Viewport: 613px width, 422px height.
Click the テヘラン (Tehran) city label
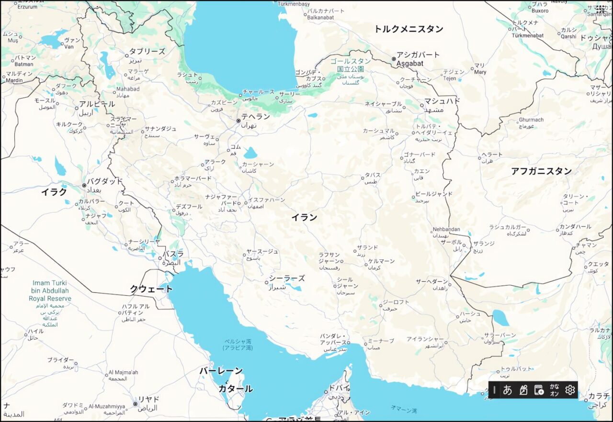(255, 116)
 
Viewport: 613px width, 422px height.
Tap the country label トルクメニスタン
(409, 29)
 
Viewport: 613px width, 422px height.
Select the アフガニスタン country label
(541, 171)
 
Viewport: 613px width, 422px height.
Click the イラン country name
(305, 217)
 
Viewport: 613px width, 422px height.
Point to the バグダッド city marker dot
(84, 185)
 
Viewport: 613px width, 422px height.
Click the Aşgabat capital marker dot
(394, 59)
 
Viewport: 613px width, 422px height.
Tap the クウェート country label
(151, 289)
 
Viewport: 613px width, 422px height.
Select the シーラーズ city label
(286, 278)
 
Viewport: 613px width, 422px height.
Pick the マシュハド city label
(442, 101)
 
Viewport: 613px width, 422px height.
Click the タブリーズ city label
(147, 52)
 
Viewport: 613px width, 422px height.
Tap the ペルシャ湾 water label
(238, 342)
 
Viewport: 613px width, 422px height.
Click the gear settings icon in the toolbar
(569, 390)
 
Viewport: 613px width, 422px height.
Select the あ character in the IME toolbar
(508, 390)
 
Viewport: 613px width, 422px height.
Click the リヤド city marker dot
(136, 404)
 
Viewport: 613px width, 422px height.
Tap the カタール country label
(236, 389)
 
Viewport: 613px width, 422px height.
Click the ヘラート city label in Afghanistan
(492, 155)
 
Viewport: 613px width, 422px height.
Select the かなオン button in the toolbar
(554, 390)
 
